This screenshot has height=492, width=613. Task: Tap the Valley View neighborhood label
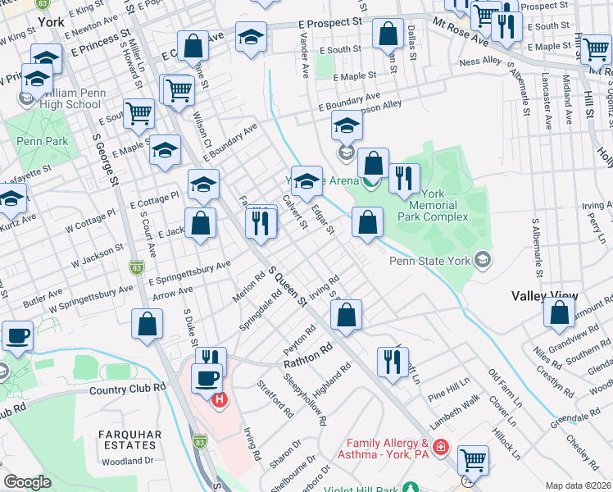click(544, 295)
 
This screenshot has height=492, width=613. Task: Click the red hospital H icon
click(220, 400)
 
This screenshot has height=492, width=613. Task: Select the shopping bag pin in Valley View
click(559, 313)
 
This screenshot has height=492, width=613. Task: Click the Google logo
click(26, 482)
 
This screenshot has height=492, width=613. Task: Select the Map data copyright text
click(577, 485)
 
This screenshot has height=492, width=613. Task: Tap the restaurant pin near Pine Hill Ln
click(393, 361)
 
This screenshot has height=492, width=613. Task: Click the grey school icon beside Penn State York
click(483, 261)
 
